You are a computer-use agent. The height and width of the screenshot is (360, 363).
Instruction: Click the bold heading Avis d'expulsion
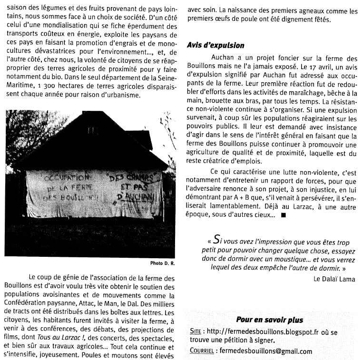click(x=216, y=46)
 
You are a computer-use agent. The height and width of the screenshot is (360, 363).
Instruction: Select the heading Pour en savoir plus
click(x=269, y=320)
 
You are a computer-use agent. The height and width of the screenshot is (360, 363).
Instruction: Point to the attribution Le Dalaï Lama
click(x=334, y=279)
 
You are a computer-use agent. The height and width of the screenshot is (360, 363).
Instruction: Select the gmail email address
click(x=264, y=351)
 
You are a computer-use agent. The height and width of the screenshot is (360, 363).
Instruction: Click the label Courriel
click(x=201, y=351)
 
